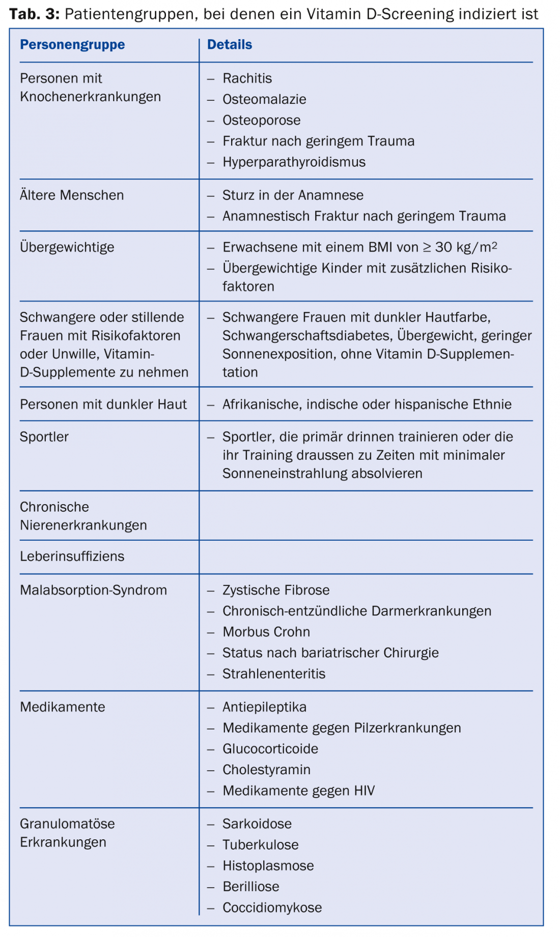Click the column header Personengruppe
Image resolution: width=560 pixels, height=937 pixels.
pos(72,45)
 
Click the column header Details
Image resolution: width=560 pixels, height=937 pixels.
pos(229,45)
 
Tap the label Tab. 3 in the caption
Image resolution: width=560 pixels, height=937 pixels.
pos(34,14)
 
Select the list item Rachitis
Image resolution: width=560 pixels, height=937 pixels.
pos(247,78)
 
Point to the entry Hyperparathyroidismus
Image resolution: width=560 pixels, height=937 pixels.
pos(294,162)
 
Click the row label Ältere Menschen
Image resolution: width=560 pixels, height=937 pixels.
pos(72,195)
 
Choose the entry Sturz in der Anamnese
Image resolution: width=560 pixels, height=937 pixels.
pos(293,195)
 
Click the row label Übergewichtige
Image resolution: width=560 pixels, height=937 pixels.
pos(67,247)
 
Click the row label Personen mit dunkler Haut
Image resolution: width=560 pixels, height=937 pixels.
pos(103,404)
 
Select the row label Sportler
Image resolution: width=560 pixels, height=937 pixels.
pos(44,437)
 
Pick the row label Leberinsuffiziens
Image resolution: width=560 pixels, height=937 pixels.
pos(72,557)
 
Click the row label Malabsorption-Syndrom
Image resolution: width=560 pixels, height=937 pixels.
pos(93,590)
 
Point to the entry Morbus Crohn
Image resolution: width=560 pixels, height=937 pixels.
pos(266,632)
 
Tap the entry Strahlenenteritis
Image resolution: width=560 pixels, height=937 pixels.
pos(274,674)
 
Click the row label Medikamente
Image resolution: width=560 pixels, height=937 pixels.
pos(63,707)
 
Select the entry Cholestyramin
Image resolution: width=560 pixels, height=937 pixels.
pos(266,770)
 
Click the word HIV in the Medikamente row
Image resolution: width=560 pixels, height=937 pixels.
pos(363,790)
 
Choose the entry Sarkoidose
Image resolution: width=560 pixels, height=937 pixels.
pos(257,824)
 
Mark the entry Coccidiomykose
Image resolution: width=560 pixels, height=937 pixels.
pos(272,907)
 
